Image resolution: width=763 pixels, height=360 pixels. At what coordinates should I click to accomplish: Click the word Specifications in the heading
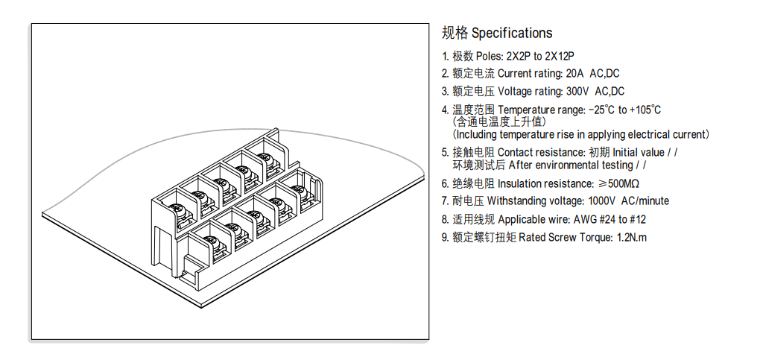point(512,33)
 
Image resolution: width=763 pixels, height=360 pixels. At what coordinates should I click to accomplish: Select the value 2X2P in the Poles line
point(519,56)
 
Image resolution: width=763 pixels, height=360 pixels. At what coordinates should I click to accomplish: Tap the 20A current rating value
point(575,74)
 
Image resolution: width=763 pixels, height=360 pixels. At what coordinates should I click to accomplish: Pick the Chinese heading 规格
point(455,33)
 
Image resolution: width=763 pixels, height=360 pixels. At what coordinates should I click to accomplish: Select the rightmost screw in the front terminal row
point(300,190)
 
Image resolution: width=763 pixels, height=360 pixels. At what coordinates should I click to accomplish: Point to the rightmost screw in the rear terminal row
point(264,158)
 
